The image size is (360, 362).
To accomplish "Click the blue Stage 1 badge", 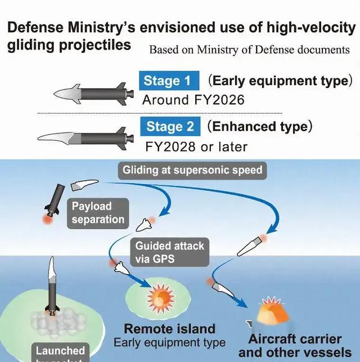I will click(167, 81).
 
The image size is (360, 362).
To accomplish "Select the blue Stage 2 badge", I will click(170, 127).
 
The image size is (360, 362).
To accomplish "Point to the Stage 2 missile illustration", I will click(85, 136).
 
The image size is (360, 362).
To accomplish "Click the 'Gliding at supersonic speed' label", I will click(192, 170).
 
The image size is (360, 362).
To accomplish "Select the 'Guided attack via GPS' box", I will click(169, 252).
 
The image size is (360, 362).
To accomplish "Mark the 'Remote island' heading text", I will click(169, 329).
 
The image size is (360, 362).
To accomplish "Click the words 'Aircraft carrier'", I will click(295, 339).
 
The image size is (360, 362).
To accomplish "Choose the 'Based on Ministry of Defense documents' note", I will click(249, 50).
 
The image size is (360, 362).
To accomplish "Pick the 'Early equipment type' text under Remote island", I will click(169, 343).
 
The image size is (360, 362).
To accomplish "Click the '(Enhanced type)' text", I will click(259, 126).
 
